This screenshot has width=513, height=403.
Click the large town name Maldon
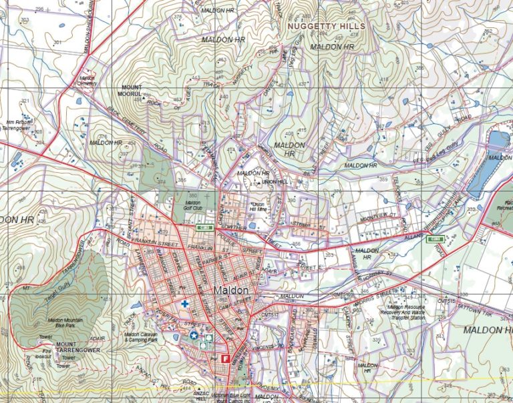(x=232, y=291)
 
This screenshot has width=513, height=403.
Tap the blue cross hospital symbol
(x=184, y=304)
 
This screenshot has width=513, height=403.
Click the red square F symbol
(x=225, y=358)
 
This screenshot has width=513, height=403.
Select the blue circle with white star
(x=194, y=336)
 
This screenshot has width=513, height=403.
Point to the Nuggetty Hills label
(x=327, y=26)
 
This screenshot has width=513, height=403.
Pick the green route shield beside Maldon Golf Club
(x=204, y=228)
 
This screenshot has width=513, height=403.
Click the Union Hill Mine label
(x=258, y=208)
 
